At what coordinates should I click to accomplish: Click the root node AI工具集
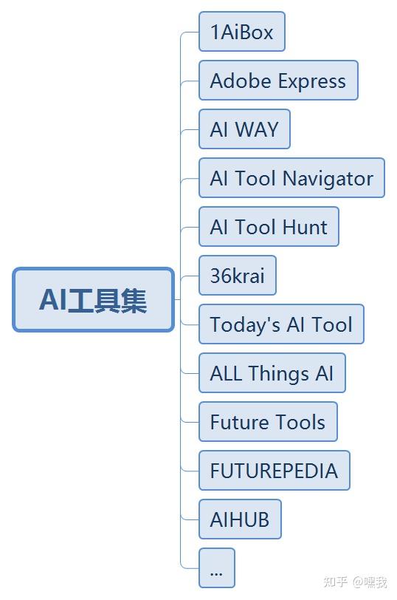coord(94,299)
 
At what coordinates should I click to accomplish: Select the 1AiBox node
coord(242,32)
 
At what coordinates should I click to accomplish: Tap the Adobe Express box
coord(278,81)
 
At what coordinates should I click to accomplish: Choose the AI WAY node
coord(244,129)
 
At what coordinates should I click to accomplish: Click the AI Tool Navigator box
coord(291,178)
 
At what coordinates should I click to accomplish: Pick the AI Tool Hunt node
coord(269,227)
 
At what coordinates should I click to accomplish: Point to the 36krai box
coord(238,276)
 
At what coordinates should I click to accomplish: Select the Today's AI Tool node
coord(281,324)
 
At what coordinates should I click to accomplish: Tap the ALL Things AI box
coord(272,373)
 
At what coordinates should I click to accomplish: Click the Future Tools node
coord(268,422)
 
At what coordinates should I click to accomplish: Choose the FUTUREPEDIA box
coord(274,471)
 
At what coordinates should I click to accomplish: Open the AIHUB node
coord(240,519)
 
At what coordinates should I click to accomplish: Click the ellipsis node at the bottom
coord(217,568)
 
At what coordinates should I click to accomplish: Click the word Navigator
coord(328,179)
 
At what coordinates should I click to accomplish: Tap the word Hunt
coord(305,227)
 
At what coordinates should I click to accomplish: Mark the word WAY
coord(256,129)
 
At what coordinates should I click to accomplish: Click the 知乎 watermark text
coord(335,582)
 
